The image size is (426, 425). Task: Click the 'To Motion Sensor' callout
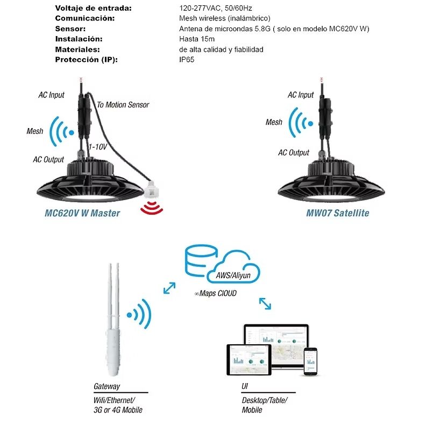(x=123, y=105)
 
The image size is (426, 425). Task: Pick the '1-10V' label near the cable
(x=99, y=146)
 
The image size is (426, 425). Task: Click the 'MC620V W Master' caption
(x=82, y=213)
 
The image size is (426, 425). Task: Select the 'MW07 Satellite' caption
(x=338, y=213)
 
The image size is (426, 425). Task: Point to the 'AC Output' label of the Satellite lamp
(x=294, y=153)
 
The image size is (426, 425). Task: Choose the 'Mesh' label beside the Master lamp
(x=35, y=131)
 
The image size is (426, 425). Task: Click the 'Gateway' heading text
(x=107, y=386)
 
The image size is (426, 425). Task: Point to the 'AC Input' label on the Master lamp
(x=51, y=95)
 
